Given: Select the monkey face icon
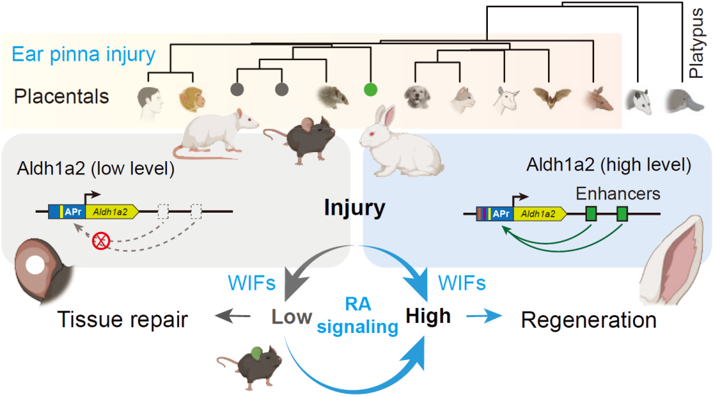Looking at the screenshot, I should (x=192, y=99).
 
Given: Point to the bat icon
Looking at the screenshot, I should (x=552, y=98).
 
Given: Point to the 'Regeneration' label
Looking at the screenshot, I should (x=589, y=320).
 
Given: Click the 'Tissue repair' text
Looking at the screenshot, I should (x=123, y=320).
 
